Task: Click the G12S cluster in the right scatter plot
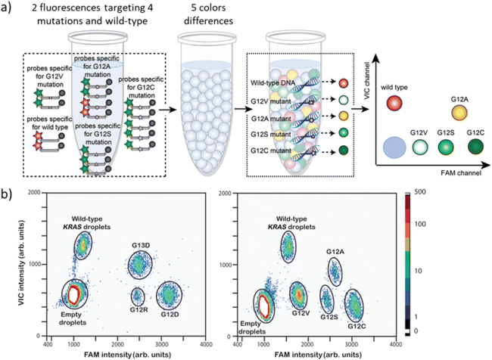[327, 299]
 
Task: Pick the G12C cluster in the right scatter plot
[353, 304]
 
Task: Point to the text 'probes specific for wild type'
[45, 122]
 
